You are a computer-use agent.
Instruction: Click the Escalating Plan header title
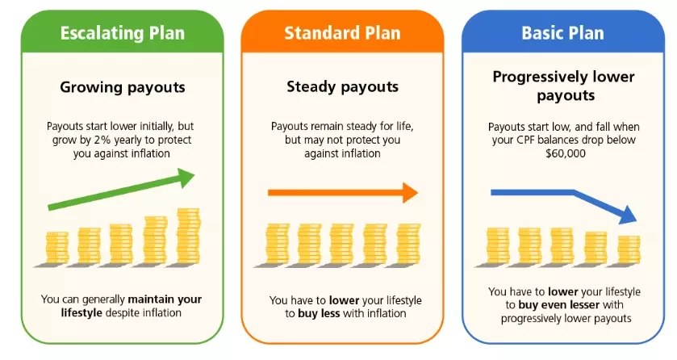point(122,33)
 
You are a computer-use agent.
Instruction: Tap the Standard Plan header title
point(342,33)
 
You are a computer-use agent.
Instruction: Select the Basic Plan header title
point(562,33)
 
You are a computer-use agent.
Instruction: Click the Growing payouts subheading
point(122,88)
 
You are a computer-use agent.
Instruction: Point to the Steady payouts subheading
point(342,87)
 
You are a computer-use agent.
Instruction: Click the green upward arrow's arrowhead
point(186,177)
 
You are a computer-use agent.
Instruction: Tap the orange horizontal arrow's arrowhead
point(410,193)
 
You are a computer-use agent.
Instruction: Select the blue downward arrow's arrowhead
point(629,215)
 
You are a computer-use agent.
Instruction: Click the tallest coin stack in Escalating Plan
point(189,237)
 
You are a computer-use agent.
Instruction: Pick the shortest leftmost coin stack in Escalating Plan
point(57,248)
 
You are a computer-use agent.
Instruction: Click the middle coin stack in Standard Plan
point(342,244)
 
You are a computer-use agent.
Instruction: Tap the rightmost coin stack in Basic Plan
point(629,250)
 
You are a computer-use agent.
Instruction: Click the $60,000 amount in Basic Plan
point(566,153)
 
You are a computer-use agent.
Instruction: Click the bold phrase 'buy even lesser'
point(558,305)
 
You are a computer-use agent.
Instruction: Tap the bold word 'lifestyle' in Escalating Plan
point(81,313)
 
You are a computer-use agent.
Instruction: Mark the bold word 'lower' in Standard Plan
point(344,300)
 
